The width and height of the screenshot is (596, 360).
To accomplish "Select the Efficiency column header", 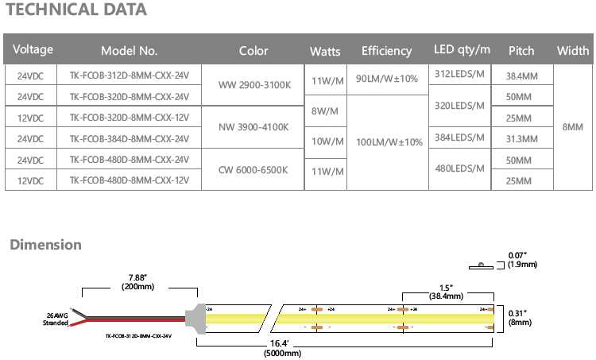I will (x=386, y=51).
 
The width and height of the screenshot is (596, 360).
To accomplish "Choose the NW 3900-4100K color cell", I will (x=253, y=127).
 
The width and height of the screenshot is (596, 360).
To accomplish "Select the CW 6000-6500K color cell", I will (x=253, y=170).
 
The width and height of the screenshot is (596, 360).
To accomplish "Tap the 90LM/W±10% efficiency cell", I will (x=386, y=80).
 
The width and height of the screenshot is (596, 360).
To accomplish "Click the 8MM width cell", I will (x=572, y=127).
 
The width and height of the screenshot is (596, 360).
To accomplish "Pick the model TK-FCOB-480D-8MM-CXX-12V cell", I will (x=130, y=180).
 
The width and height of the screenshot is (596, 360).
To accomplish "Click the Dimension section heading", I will (x=45, y=245).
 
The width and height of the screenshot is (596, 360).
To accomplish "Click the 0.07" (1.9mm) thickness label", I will (x=518, y=260).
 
